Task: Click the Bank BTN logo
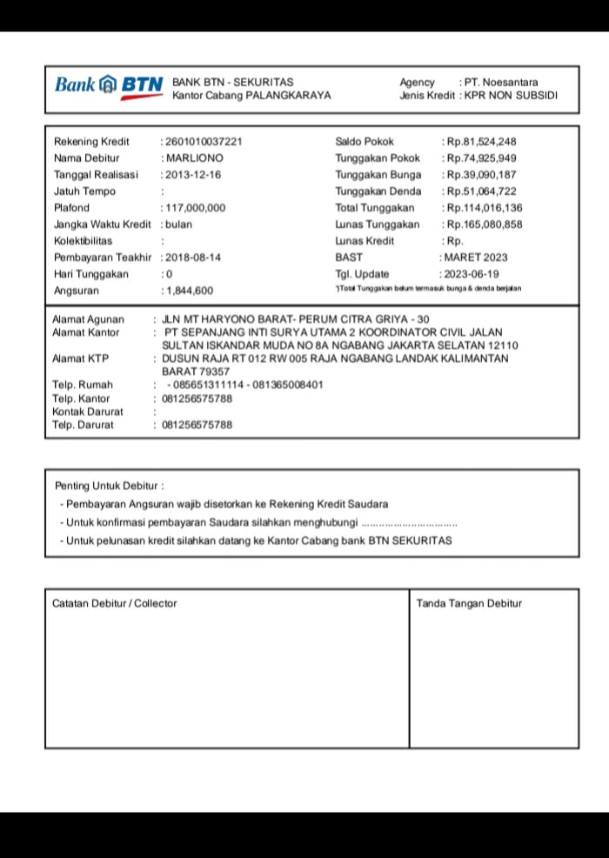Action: pyautogui.click(x=108, y=85)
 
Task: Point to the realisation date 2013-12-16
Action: pyautogui.click(x=193, y=175)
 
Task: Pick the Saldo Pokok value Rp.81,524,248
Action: pyautogui.click(x=481, y=142)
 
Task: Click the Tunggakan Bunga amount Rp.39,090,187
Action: pyautogui.click(x=481, y=175)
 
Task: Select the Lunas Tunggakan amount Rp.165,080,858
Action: pyautogui.click(x=484, y=225)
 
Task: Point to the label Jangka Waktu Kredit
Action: pyautogui.click(x=103, y=225)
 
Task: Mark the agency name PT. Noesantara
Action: pyautogui.click(x=501, y=83)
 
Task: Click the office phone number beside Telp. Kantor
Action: pyautogui.click(x=197, y=399)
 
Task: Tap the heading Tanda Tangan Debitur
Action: pyautogui.click(x=469, y=603)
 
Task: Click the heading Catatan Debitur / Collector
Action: pyautogui.click(x=114, y=603)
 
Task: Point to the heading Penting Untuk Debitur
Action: pyautogui.click(x=109, y=486)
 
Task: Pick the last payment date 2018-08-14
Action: pyautogui.click(x=193, y=258)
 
